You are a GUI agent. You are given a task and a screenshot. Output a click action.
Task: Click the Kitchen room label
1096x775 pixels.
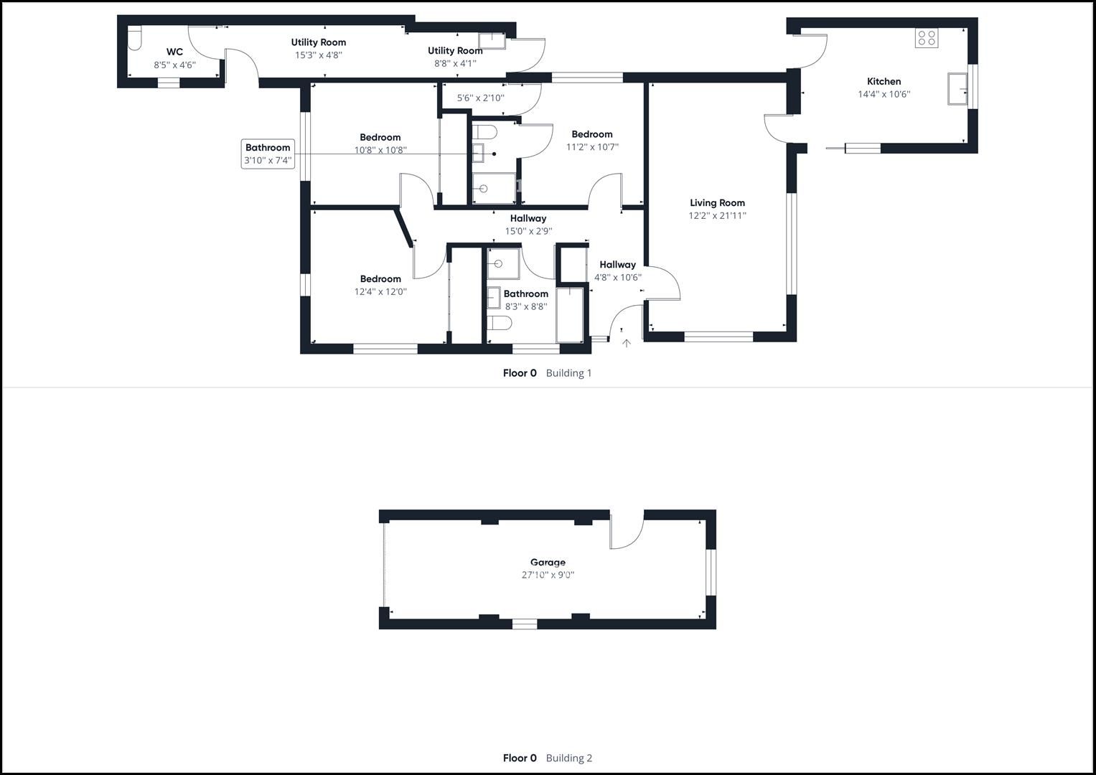tap(884, 81)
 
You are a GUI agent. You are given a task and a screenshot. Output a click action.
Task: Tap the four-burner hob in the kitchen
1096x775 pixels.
tap(927, 38)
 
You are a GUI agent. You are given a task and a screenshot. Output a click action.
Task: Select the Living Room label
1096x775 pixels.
tap(717, 202)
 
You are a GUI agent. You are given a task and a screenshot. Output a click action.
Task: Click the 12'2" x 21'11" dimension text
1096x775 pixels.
tap(717, 215)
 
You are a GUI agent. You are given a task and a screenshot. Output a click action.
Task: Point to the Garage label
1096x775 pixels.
tap(548, 562)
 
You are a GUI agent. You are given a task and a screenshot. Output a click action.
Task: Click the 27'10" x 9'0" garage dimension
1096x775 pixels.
tap(548, 575)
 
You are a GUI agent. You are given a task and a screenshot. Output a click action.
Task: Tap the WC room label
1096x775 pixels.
tap(174, 52)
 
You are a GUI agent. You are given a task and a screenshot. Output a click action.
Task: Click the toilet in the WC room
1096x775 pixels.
tap(134, 38)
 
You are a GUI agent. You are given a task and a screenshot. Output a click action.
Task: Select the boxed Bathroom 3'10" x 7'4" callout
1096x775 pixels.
tap(268, 154)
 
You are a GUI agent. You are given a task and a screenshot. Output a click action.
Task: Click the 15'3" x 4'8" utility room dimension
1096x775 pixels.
tap(319, 55)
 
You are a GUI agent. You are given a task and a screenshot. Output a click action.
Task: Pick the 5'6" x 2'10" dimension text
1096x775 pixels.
tap(480, 98)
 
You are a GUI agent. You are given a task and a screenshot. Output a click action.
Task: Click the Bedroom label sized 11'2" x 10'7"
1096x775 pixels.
tap(592, 134)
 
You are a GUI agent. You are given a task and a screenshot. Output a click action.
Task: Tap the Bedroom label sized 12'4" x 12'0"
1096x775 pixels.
tap(380, 279)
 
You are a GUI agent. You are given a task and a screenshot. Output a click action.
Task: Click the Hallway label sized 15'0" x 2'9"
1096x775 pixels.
tap(528, 218)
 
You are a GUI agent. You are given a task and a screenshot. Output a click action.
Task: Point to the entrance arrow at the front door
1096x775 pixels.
tap(627, 344)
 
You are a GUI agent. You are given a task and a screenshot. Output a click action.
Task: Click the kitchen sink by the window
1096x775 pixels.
tap(957, 88)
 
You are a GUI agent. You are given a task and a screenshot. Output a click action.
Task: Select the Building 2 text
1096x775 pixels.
tap(569, 758)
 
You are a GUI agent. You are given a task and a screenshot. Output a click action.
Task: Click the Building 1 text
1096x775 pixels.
tap(568, 373)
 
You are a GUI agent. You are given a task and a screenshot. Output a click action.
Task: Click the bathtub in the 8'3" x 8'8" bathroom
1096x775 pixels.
tap(570, 315)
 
